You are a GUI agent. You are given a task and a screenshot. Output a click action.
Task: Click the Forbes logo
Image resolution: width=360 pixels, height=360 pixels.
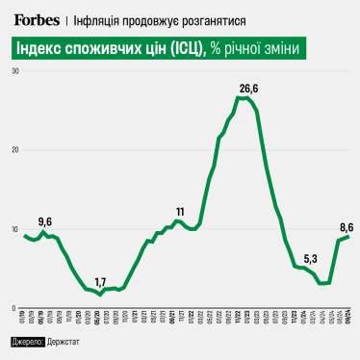(x=38, y=19)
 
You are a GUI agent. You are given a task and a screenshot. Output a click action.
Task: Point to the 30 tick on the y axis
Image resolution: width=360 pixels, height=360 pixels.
(x=15, y=71)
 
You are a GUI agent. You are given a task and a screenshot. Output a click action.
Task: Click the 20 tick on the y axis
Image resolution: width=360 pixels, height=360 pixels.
(x=15, y=150)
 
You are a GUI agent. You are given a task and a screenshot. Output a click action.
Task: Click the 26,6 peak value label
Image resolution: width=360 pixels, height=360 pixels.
(x=248, y=89)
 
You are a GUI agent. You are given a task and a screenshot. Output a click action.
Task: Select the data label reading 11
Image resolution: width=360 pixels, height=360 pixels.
(x=180, y=211)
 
